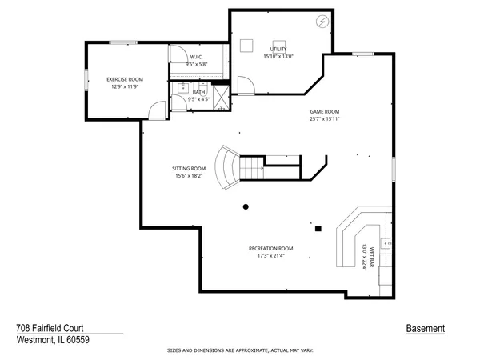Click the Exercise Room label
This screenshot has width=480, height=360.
tap(124, 79)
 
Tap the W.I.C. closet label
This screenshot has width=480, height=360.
tap(196, 56)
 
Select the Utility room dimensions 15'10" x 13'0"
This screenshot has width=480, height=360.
tap(278, 56)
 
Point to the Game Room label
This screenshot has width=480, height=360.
tap(326, 111)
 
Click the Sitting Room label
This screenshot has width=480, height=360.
tap(189, 168)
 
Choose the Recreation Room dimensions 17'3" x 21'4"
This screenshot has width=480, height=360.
tap(270, 257)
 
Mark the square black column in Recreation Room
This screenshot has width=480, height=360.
tap(318, 228)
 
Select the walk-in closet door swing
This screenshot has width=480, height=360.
tap(177, 54)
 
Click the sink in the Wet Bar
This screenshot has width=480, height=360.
tap(386, 242)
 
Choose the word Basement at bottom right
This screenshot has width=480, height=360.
tap(426, 328)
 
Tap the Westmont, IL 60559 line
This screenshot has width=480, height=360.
tap(53, 339)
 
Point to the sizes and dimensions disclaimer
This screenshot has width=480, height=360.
tap(239, 350)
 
